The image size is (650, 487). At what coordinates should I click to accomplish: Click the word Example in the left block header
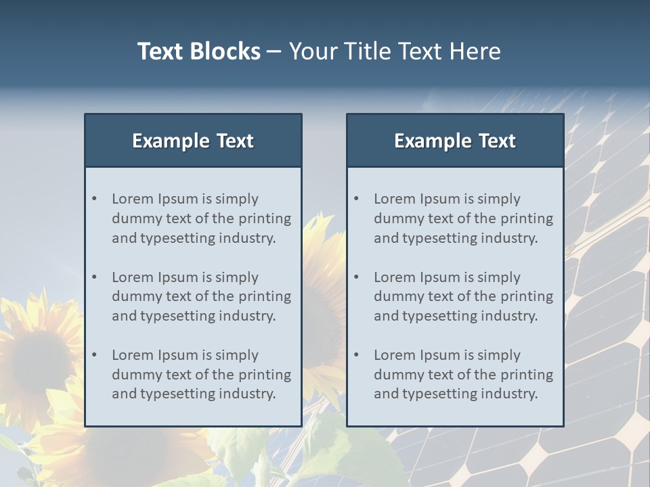[x=171, y=141]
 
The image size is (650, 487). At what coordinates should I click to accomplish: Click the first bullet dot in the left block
[x=94, y=199]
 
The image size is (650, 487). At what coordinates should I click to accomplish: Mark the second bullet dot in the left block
[x=94, y=277]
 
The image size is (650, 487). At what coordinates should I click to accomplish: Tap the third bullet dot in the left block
[x=94, y=355]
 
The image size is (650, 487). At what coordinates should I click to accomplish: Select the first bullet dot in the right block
[x=356, y=199]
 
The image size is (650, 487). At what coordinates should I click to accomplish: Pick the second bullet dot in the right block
[x=356, y=277]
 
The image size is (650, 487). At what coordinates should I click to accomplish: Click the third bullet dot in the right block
[x=356, y=355]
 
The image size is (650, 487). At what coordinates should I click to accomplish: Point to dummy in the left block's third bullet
[x=135, y=375]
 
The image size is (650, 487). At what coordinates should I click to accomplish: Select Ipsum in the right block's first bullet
[x=439, y=199]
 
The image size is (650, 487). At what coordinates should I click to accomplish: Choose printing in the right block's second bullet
[x=525, y=296]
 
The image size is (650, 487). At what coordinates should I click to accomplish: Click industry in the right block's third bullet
[x=509, y=394]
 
